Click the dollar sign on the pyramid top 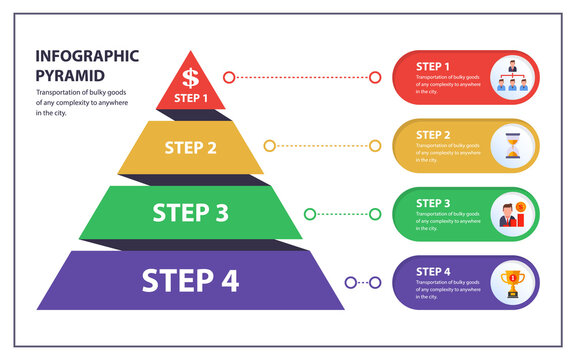(x=190, y=76)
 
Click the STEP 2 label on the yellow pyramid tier (x=190, y=148)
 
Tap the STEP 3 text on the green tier (x=190, y=212)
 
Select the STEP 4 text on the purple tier (x=190, y=280)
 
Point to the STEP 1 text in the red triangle (x=191, y=98)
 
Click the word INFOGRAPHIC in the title (x=87, y=56)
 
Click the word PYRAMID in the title (x=71, y=75)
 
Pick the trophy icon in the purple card (x=512, y=281)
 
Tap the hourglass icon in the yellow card (x=512, y=146)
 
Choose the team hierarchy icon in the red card (x=512, y=78)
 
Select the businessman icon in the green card (x=512, y=213)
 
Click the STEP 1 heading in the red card (x=433, y=66)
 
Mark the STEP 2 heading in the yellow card (x=433, y=134)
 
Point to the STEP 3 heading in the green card (x=433, y=202)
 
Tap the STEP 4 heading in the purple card (x=433, y=271)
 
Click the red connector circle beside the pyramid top (x=229, y=77)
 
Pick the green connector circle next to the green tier (x=310, y=213)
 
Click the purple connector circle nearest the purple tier (x=350, y=282)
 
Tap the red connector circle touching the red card (x=375, y=77)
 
